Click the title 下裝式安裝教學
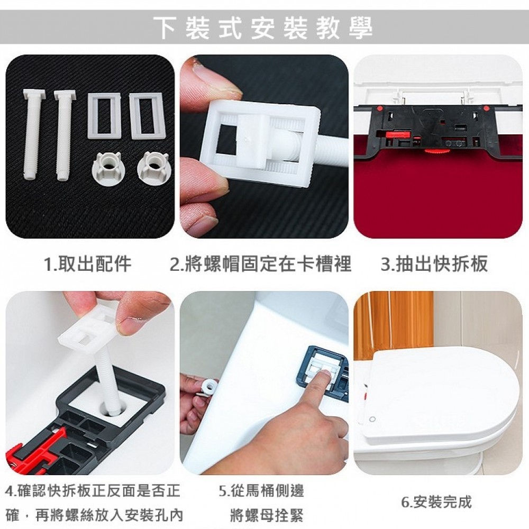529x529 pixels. click(x=263, y=28)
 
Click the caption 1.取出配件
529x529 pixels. click(x=88, y=263)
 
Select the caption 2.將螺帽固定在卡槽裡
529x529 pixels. click(x=260, y=263)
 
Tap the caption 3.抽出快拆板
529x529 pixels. click(x=434, y=263)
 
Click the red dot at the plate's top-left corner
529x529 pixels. click(x=379, y=108)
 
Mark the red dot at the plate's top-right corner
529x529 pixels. click(x=486, y=108)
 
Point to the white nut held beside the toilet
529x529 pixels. click(x=208, y=386)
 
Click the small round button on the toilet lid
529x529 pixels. click(x=372, y=419)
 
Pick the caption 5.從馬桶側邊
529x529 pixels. click(x=261, y=491)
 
